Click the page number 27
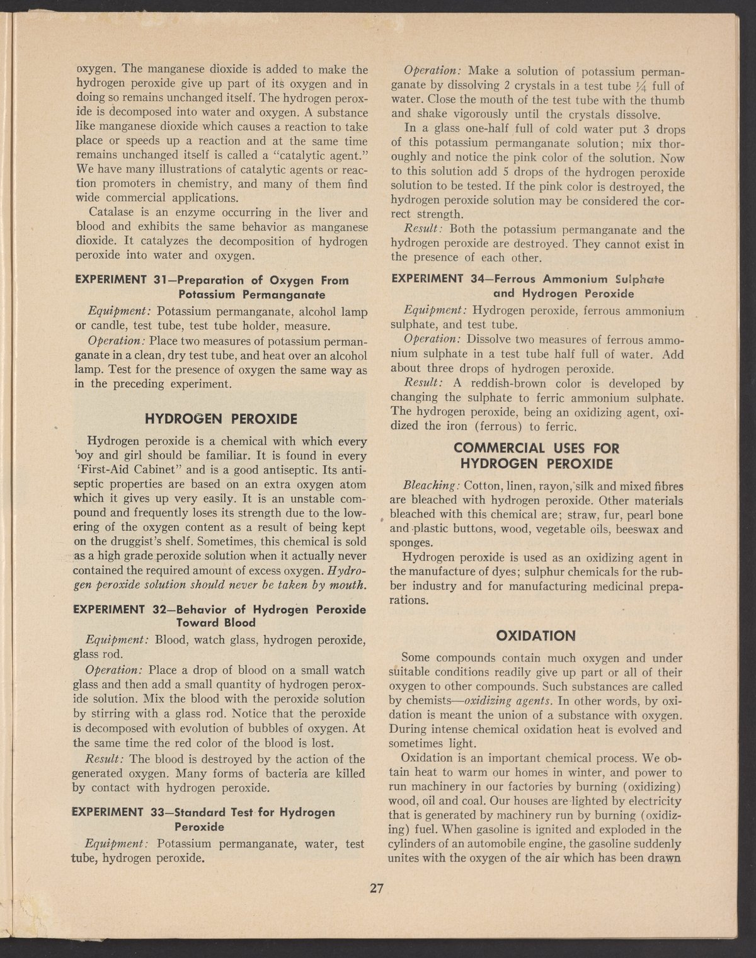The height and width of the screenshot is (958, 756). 377,889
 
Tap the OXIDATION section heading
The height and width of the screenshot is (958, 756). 536,635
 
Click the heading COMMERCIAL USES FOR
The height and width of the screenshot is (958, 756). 536,448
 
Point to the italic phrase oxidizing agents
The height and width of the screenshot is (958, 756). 499,701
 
